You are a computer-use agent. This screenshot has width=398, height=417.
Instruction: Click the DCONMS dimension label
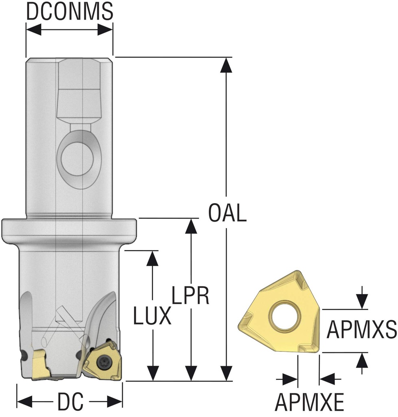(x=70, y=11)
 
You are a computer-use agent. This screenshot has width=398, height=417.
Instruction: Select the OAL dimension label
(x=227, y=213)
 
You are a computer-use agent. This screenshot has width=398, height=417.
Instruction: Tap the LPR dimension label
(x=190, y=295)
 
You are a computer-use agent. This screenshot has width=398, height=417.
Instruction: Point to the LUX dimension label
(x=152, y=316)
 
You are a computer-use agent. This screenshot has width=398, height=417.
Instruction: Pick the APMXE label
(x=309, y=402)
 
